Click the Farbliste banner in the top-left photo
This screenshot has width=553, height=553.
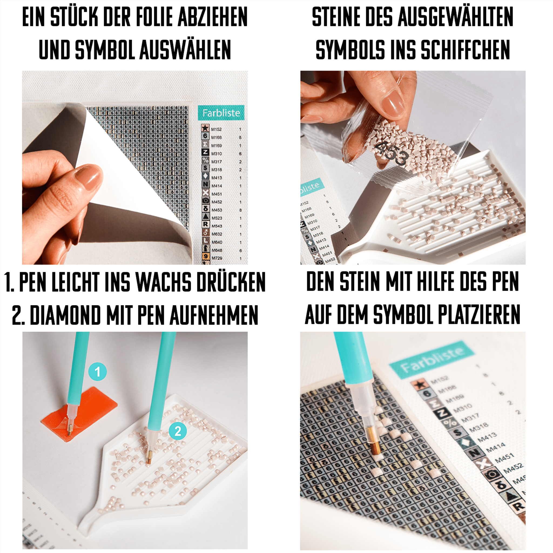point(221,113)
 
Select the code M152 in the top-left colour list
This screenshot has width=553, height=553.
point(216,129)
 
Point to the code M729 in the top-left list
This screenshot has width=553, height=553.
point(217,258)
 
